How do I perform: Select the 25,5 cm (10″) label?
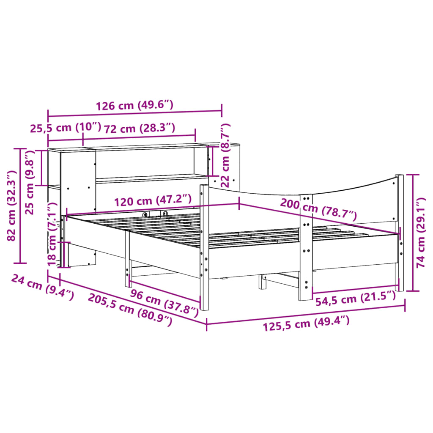tap(66, 128)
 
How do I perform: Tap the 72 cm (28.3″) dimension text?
tap(140, 128)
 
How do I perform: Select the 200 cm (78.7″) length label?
tap(318, 209)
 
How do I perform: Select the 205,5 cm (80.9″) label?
tap(130, 310)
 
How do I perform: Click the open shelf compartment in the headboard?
tap(144, 163)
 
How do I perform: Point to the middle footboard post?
tap(305, 249)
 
